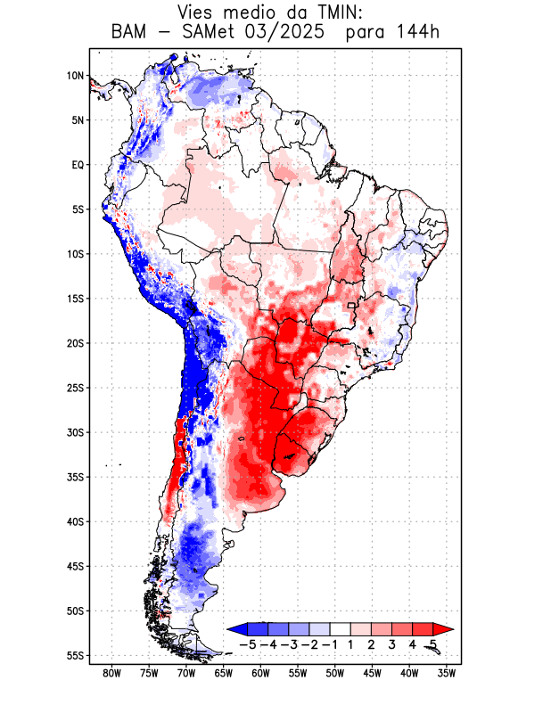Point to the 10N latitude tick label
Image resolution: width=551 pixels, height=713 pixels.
click(75, 76)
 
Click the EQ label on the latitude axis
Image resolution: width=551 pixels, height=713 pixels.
click(78, 165)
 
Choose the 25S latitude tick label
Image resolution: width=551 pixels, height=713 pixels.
click(75, 388)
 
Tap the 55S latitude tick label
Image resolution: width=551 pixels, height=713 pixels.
click(75, 655)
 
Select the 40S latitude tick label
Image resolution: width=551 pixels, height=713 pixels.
click(75, 521)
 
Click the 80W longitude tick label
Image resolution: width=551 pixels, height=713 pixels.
click(112, 673)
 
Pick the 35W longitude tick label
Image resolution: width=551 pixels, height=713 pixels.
click(447, 673)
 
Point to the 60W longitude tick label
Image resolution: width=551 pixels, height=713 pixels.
click(261, 673)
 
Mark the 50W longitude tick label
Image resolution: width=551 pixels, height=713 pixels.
click(335, 673)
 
